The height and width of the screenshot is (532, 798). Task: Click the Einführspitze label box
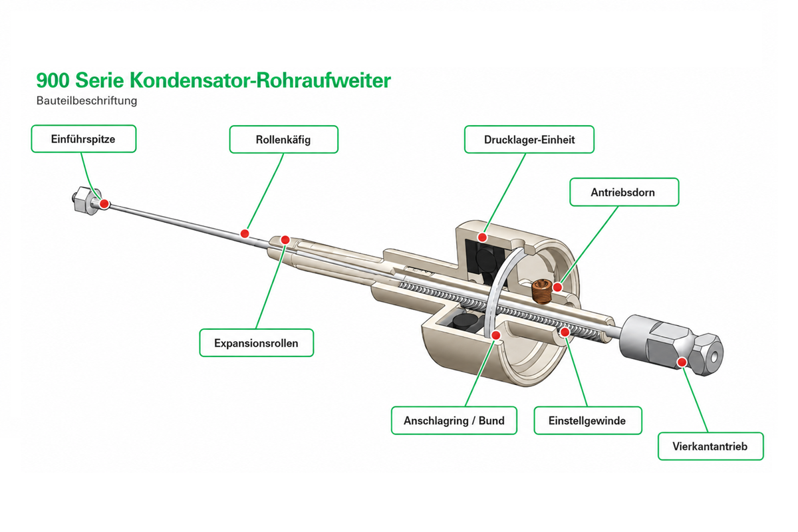pyautogui.click(x=84, y=139)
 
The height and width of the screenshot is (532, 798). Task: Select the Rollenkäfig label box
pyautogui.click(x=283, y=140)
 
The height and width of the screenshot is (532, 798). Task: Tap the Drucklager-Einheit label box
pyautogui.click(x=529, y=140)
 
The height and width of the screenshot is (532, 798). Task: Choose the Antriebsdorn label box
pyautogui.click(x=624, y=192)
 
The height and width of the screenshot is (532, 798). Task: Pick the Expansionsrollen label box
pyautogui.click(x=257, y=342)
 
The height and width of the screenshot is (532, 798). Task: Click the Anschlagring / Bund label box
pyautogui.click(x=454, y=420)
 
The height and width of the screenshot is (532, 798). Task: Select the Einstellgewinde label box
pyautogui.click(x=588, y=420)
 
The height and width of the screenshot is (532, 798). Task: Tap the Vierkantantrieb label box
pyautogui.click(x=711, y=446)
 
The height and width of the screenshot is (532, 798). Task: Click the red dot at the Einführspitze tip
pyautogui.click(x=104, y=203)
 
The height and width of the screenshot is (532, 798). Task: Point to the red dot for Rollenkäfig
pyautogui.click(x=245, y=234)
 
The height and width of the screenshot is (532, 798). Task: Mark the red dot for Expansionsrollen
pyautogui.click(x=285, y=240)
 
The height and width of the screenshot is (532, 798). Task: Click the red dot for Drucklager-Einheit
pyautogui.click(x=482, y=237)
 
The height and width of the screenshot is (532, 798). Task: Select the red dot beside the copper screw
pyautogui.click(x=557, y=287)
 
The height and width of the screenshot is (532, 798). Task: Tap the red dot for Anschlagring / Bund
pyautogui.click(x=496, y=335)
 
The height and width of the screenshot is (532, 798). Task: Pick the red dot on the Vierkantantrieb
pyautogui.click(x=682, y=362)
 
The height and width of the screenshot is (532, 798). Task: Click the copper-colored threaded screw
pyautogui.click(x=541, y=292)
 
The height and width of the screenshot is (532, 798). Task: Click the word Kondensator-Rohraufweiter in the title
pyautogui.click(x=260, y=80)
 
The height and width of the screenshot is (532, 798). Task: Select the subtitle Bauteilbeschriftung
pyautogui.click(x=86, y=101)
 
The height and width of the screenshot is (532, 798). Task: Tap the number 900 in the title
pyautogui.click(x=53, y=80)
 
